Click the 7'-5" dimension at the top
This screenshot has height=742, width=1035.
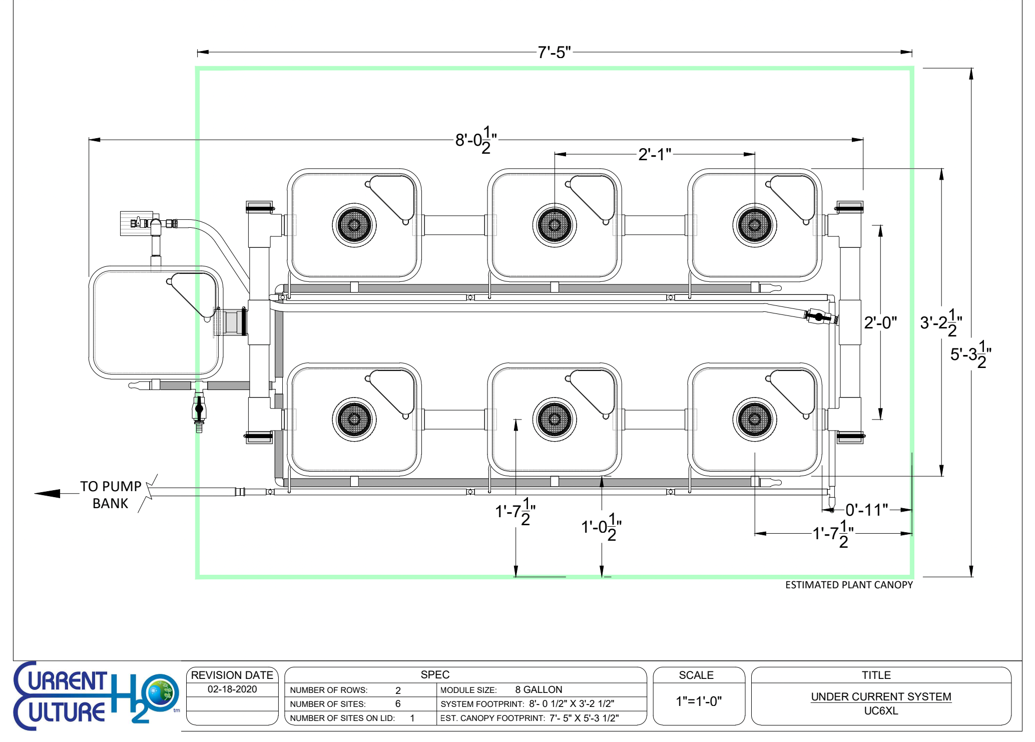(554, 52)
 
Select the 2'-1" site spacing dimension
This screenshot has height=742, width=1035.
(654, 154)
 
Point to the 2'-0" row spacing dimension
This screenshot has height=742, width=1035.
(880, 322)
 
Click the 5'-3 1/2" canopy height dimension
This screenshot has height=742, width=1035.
(970, 354)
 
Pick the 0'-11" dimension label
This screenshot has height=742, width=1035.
(866, 510)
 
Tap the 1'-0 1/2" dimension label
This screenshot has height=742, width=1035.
(601, 527)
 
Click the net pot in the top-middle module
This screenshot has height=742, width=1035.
(555, 225)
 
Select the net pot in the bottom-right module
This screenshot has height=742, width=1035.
(755, 420)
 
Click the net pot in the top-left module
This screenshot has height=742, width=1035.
(354, 225)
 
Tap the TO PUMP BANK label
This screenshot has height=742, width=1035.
(111, 495)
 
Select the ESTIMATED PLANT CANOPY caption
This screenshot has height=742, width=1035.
(849, 585)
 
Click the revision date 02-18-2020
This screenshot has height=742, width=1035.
(232, 689)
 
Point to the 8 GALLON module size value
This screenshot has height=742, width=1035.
(539, 689)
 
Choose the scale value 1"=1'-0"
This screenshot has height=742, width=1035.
(699, 701)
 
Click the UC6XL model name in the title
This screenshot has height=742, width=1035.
(881, 711)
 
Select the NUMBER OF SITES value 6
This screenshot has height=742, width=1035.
(398, 704)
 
